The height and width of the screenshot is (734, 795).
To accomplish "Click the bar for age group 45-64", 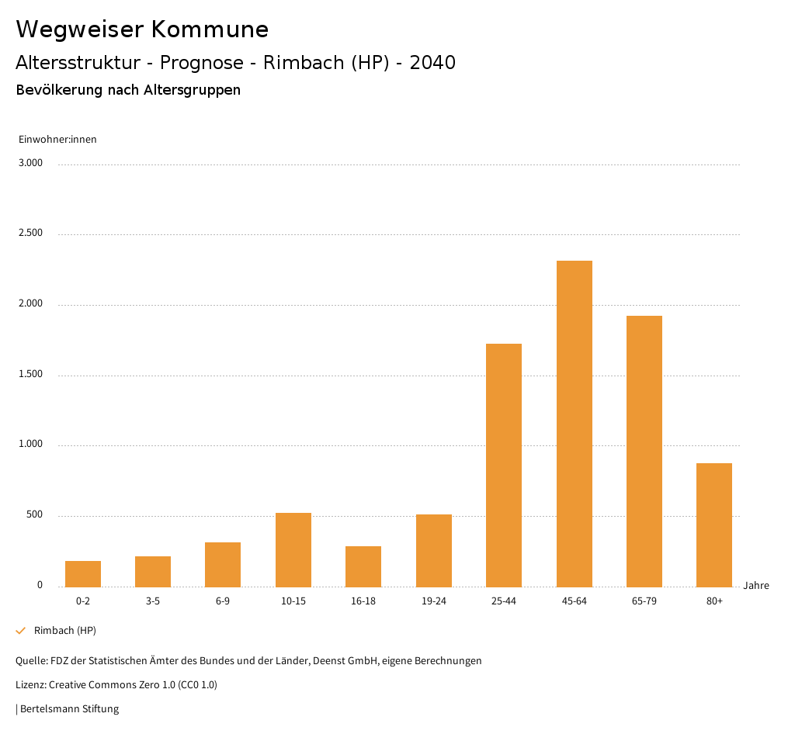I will pyautogui.click(x=574, y=424).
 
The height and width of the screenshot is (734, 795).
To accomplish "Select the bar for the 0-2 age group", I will pyautogui.click(x=83, y=573).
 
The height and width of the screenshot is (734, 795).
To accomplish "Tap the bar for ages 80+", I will pyautogui.click(x=714, y=525).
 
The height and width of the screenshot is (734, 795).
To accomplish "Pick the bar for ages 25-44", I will pyautogui.click(x=504, y=465).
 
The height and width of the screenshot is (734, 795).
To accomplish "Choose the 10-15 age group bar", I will pyautogui.click(x=293, y=549).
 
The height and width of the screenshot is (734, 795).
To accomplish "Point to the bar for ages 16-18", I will pyautogui.click(x=363, y=566).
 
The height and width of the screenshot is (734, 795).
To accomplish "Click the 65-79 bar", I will pyautogui.click(x=644, y=451).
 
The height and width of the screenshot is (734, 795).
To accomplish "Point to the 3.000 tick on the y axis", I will pyautogui.click(x=32, y=163).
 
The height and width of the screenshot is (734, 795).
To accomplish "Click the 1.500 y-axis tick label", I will pyautogui.click(x=32, y=374).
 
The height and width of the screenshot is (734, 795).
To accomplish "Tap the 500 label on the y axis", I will pyautogui.click(x=35, y=515).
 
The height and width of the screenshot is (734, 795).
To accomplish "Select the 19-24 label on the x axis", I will pyautogui.click(x=434, y=601).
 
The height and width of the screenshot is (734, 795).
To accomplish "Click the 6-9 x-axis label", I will pyautogui.click(x=223, y=601).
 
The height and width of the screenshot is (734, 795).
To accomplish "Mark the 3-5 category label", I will pyautogui.click(x=153, y=601).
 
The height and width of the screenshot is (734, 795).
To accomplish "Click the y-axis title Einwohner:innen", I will pyautogui.click(x=57, y=140).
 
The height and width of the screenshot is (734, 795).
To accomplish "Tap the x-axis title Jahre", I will pyautogui.click(x=756, y=586).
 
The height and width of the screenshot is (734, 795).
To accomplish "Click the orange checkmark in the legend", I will pyautogui.click(x=21, y=631).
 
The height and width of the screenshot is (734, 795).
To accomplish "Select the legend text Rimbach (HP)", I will pyautogui.click(x=65, y=631).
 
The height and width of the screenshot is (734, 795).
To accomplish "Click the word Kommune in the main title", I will pyautogui.click(x=210, y=29).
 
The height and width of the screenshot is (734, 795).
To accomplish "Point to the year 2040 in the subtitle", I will pyautogui.click(x=432, y=63).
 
